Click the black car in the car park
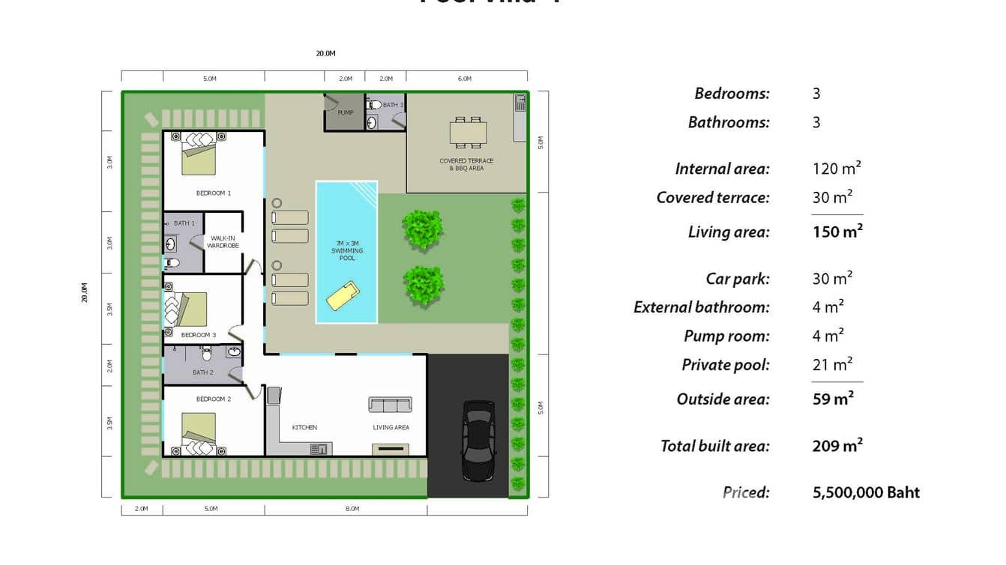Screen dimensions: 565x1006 [x=478, y=441]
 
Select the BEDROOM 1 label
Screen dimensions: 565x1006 [x=214, y=193]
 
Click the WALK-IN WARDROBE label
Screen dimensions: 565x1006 [x=223, y=242]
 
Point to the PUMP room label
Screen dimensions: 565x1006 [x=346, y=113]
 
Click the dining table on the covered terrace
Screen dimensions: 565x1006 [x=468, y=133]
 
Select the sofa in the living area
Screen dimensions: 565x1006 [x=390, y=405]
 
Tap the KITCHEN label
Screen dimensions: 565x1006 [x=304, y=428]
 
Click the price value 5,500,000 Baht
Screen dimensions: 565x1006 [x=866, y=492]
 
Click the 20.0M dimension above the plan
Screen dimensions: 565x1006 [x=325, y=54]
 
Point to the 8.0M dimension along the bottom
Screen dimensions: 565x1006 [x=352, y=509]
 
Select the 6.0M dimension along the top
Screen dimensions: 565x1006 [x=464, y=79]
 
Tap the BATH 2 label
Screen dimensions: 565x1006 [x=203, y=372]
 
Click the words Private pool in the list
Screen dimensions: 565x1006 [x=725, y=365]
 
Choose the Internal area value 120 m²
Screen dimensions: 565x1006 [x=837, y=169]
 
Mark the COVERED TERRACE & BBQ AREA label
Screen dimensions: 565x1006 [x=466, y=165]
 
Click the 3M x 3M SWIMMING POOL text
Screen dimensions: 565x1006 [x=347, y=250]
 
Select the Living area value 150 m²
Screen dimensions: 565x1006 [x=837, y=232]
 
